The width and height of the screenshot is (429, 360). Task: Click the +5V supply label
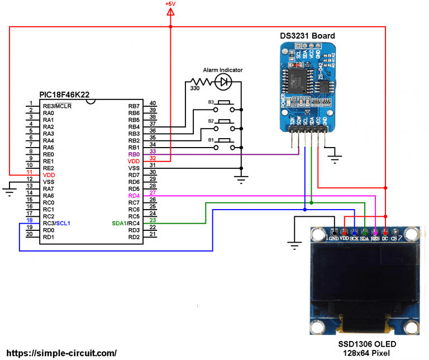pos(170,4)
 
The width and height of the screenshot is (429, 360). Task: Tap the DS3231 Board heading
pos(307,36)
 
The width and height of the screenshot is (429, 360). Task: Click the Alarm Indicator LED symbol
pos(225,82)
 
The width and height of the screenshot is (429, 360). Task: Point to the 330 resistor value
pos(196,89)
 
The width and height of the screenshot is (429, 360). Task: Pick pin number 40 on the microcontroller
pos(152,103)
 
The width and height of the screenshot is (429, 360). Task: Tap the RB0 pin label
pos(134,154)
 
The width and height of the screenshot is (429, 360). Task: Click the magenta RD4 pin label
pos(134,196)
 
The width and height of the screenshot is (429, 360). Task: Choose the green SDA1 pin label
pos(119,224)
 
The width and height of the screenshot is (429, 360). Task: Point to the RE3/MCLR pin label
pos(57,106)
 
